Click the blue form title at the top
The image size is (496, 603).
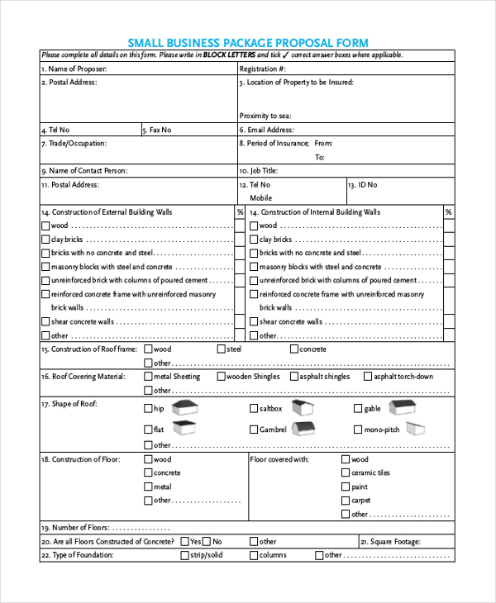[248, 42]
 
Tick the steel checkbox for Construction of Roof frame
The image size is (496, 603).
[221, 349]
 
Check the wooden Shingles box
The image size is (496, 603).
[220, 377]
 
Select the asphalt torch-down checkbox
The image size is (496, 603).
[365, 377]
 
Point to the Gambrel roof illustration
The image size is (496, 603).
[303, 428]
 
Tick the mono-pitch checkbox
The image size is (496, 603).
[357, 430]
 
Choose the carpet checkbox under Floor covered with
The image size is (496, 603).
[345, 501]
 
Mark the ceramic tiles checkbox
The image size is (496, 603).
[345, 473]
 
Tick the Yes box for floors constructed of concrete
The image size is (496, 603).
[184, 542]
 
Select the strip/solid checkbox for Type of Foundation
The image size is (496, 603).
[184, 555]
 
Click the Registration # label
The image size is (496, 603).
[263, 69]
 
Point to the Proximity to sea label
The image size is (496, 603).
[265, 116]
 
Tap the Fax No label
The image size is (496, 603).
[156, 130]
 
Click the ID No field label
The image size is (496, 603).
[362, 185]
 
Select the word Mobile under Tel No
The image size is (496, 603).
[260, 198]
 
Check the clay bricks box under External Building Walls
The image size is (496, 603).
[45, 239]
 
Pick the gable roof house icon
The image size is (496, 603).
[402, 406]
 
